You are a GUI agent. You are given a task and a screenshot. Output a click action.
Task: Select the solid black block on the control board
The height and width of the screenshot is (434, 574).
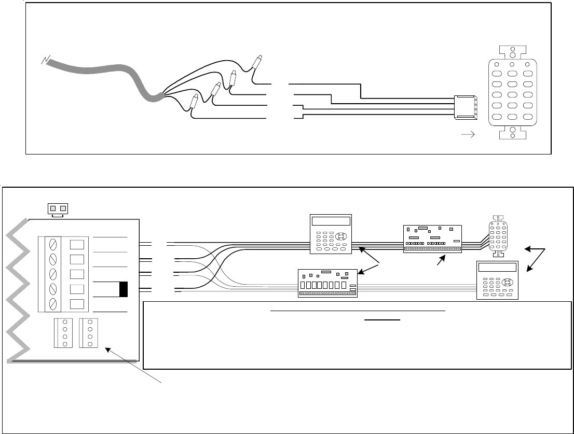pos(123,289)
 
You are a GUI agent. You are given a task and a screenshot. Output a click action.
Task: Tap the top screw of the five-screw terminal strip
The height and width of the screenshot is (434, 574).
pos(53,244)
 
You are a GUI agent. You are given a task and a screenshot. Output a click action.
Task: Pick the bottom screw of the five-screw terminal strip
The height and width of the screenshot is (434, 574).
pos(53,304)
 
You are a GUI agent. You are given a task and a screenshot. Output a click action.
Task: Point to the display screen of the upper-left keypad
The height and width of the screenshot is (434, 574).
pos(331,220)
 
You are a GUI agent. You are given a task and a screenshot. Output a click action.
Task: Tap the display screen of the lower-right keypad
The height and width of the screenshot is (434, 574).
pos(498,268)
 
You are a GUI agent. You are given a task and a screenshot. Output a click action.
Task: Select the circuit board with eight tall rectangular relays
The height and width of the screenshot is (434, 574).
pos(327,283)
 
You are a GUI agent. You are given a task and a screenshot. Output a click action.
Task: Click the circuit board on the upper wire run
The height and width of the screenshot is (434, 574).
pos(432,239)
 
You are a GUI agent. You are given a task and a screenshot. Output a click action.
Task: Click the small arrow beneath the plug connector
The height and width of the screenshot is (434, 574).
pos(469,136)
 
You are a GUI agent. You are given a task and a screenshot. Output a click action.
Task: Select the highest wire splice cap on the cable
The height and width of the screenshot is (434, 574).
pos(256,63)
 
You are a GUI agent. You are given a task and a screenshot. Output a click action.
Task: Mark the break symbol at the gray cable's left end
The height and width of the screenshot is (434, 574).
pos(45,60)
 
